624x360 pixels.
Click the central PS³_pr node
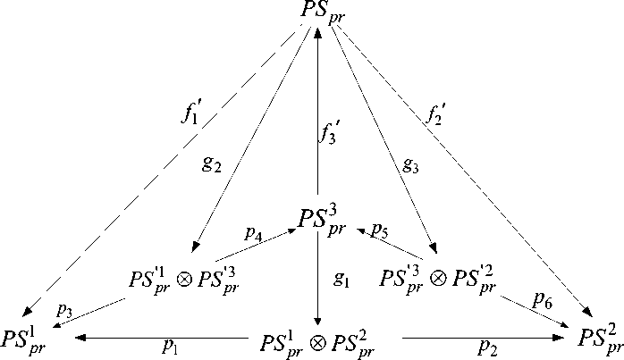319,218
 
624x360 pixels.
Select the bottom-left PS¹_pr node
24,339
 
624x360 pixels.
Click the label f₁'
192,117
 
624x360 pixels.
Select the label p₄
252,234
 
